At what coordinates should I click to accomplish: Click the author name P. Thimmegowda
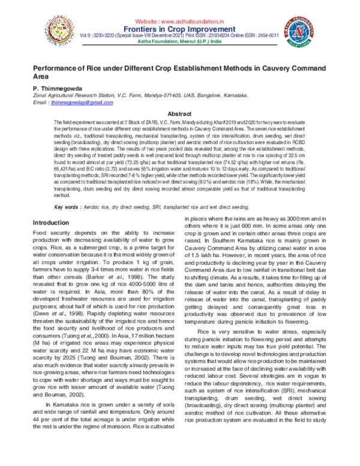pos(58,88)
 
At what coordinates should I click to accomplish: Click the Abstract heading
pos(179,113)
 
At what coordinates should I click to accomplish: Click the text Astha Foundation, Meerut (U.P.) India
pos(179,43)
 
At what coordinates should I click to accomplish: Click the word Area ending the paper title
pos(41,77)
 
